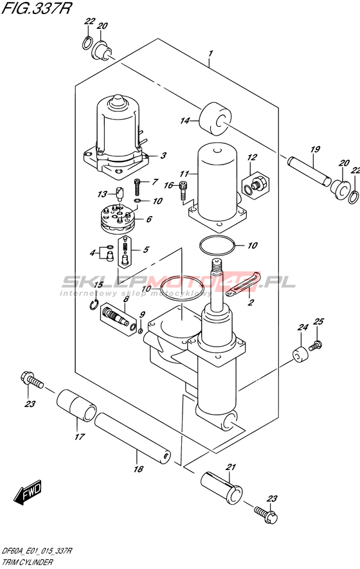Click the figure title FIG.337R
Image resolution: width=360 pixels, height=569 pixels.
35,8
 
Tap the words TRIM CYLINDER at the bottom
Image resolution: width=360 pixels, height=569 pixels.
28,563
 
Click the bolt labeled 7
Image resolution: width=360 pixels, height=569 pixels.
137,186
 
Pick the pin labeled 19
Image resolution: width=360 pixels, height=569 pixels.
310,170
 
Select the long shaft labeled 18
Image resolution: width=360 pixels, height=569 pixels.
133,438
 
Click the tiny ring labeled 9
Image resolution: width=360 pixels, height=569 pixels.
141,330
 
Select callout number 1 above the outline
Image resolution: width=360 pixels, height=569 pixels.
210,54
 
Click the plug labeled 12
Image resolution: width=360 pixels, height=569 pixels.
255,183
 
